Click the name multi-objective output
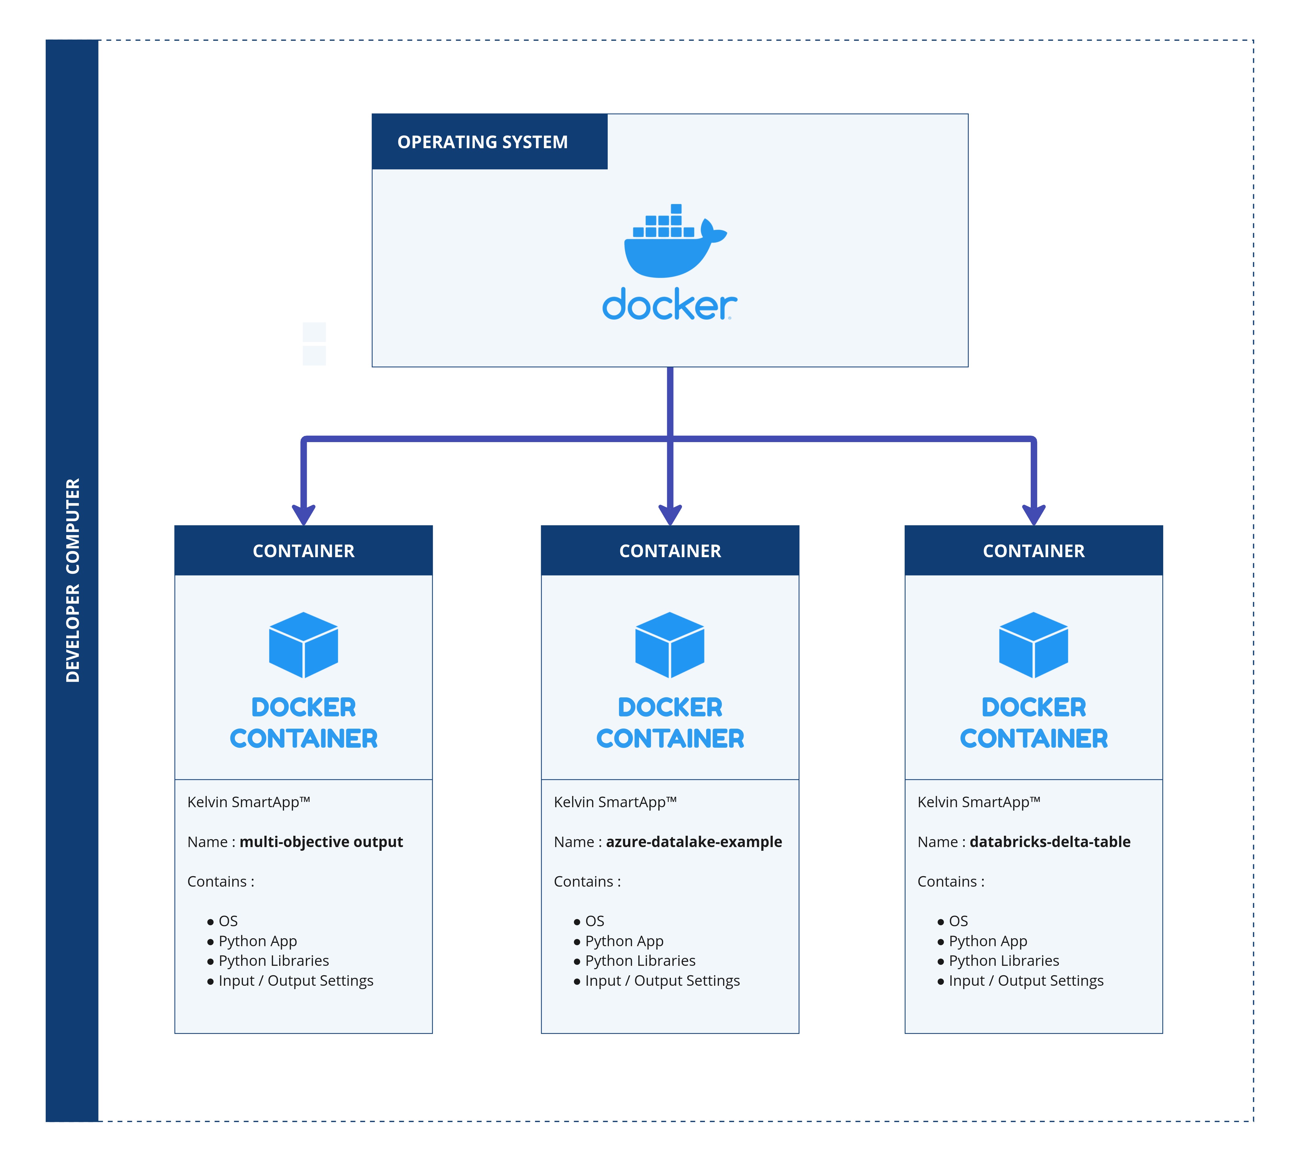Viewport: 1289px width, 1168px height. tap(321, 842)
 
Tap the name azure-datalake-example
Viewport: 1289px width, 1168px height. tap(694, 842)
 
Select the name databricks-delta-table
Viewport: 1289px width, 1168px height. tap(1050, 842)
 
